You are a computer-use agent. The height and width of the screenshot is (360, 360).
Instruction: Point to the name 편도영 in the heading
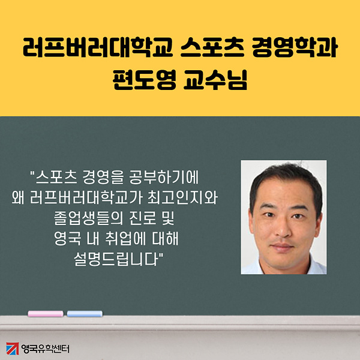click(145, 79)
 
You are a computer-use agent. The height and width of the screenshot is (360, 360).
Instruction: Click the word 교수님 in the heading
click(215, 79)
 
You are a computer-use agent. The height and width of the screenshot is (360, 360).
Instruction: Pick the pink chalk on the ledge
click(46, 314)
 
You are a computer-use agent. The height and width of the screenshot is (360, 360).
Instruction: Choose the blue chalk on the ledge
click(85, 314)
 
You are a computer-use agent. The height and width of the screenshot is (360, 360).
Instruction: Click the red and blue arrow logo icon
click(13, 349)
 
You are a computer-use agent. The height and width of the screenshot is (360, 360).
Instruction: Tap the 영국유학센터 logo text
click(45, 349)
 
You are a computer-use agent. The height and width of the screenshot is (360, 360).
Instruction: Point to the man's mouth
click(282, 247)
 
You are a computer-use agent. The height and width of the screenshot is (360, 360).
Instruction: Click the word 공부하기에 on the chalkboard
click(164, 178)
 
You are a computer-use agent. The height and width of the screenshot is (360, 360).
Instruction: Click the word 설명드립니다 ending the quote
click(116, 259)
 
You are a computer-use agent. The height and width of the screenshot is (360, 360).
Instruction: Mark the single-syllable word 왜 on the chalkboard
click(18, 198)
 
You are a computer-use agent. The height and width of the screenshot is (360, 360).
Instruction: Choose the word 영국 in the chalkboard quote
click(67, 239)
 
